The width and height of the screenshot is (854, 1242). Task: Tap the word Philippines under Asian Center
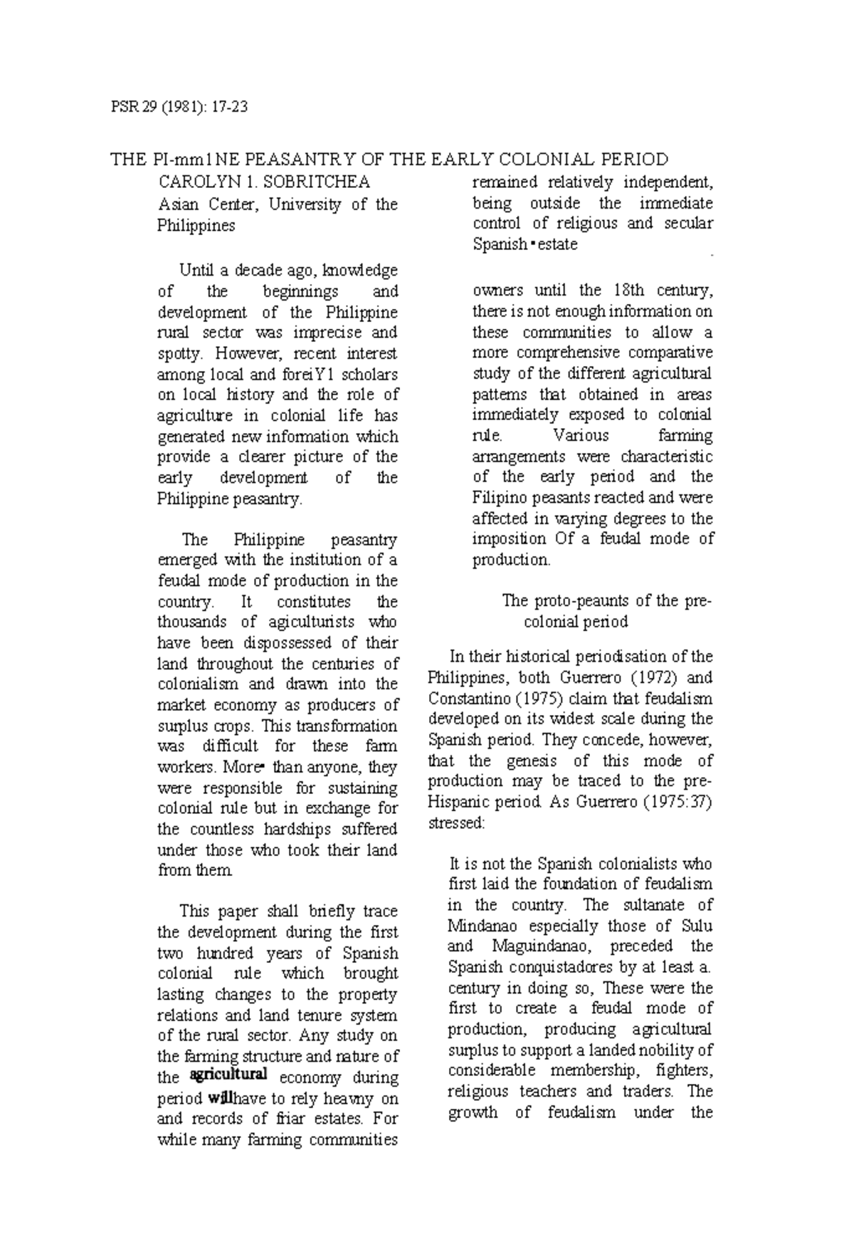tap(196, 226)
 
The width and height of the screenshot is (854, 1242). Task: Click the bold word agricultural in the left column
tap(228, 1074)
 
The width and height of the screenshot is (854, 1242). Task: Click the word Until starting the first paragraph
tap(196, 271)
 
